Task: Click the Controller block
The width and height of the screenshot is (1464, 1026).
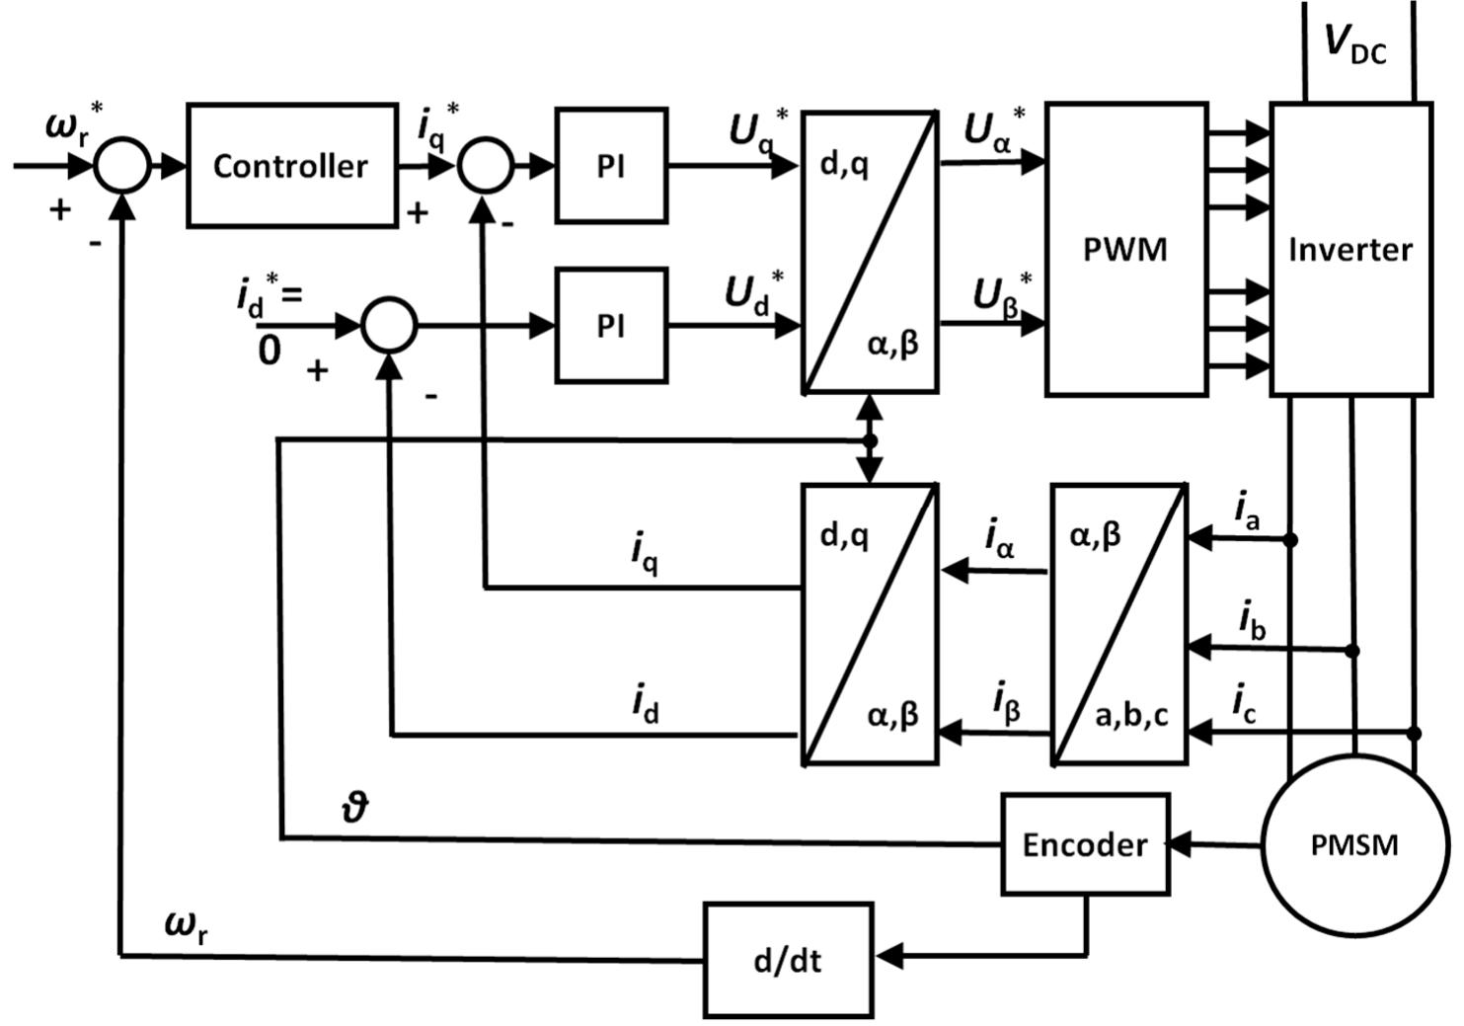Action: [291, 165]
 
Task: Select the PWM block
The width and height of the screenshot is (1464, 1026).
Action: [1125, 249]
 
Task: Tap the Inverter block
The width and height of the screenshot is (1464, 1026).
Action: [1349, 249]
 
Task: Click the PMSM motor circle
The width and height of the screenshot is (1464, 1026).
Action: [1353, 844]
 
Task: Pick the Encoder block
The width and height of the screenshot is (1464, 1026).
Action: [1084, 844]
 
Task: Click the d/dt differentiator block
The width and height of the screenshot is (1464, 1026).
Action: [787, 960]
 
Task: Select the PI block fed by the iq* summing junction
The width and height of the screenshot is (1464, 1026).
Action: [610, 166]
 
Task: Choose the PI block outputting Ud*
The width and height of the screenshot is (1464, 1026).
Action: [610, 325]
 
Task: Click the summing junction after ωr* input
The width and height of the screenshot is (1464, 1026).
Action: [122, 165]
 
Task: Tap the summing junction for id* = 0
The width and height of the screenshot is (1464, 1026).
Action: [389, 325]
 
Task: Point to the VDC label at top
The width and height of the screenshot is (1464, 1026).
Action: [1354, 44]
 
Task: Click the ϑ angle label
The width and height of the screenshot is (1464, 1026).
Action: [353, 808]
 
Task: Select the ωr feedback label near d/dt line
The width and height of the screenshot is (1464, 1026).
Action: [186, 925]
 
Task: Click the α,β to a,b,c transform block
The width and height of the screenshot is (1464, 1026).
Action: [1118, 624]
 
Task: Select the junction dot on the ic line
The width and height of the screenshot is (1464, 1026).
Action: [1414, 733]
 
